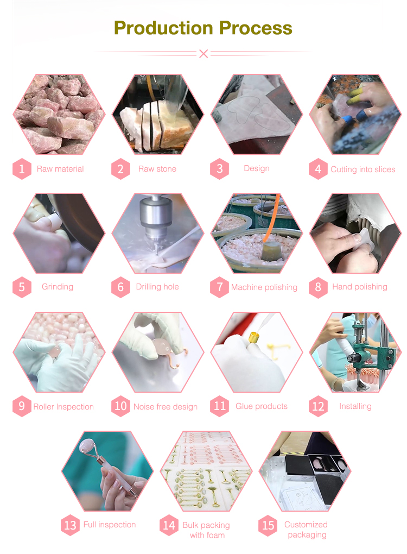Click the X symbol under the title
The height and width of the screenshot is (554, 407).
pyautogui.click(x=203, y=53)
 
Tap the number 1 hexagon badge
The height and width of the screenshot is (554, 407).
pyautogui.click(x=22, y=169)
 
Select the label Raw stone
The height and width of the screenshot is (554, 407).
pyautogui.click(x=157, y=169)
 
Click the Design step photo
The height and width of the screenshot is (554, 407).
pyautogui.click(x=256, y=114)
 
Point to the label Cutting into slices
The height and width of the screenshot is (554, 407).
pyautogui.click(x=363, y=169)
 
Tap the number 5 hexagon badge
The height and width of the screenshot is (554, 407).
pyautogui.click(x=22, y=287)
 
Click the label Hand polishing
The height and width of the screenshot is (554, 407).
pyautogui.click(x=359, y=287)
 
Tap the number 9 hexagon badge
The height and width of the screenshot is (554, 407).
pyautogui.click(x=22, y=406)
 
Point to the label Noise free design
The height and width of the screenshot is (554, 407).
pyautogui.click(x=165, y=407)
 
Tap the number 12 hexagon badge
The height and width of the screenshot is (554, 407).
pyautogui.click(x=318, y=406)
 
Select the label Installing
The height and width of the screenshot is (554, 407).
pyautogui.click(x=355, y=406)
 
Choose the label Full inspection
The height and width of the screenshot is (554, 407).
pyautogui.click(x=109, y=525)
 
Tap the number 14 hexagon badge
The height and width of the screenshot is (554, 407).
pyautogui.click(x=169, y=525)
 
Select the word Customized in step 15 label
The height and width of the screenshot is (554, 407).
pyautogui.click(x=306, y=525)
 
